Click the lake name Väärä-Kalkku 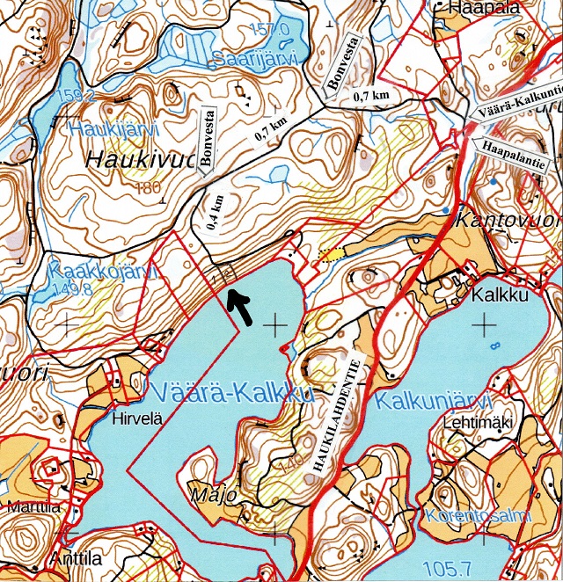[232, 393]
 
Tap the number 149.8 [73, 291]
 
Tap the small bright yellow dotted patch [331, 254]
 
